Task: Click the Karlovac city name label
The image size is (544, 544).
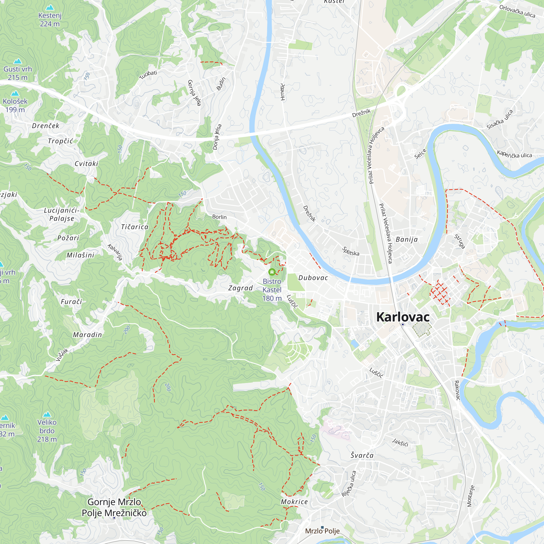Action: pyautogui.click(x=403, y=317)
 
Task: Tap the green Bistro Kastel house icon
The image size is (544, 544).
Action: pyautogui.click(x=272, y=272)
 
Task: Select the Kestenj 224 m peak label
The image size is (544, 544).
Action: pyautogui.click(x=50, y=20)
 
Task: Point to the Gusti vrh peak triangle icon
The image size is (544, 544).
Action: pyautogui.click(x=18, y=61)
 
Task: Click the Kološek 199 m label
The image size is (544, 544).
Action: pyautogui.click(x=15, y=105)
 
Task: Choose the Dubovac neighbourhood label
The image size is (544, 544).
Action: pyautogui.click(x=313, y=278)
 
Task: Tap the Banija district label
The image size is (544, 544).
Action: pyautogui.click(x=407, y=240)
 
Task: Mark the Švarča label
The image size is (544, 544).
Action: pyautogui.click(x=362, y=455)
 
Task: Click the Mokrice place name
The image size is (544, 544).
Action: pyautogui.click(x=294, y=502)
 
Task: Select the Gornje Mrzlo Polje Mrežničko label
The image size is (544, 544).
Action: pyautogui.click(x=114, y=507)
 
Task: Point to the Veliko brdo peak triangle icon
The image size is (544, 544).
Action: pyautogui.click(x=47, y=415)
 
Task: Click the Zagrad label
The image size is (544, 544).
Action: pyautogui.click(x=240, y=288)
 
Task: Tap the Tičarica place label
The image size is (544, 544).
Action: pyautogui.click(x=135, y=227)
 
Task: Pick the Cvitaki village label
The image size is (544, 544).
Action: pyautogui.click(x=86, y=163)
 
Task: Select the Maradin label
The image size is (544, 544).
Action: pyautogui.click(x=87, y=335)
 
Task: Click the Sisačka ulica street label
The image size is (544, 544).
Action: pyautogui.click(x=500, y=120)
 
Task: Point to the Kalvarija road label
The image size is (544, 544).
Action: pyautogui.click(x=115, y=252)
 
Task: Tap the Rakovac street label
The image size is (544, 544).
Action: pyautogui.click(x=457, y=390)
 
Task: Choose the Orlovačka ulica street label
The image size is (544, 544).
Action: pyautogui.click(x=517, y=11)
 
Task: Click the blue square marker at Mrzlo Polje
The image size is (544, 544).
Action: pyautogui.click(x=322, y=527)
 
